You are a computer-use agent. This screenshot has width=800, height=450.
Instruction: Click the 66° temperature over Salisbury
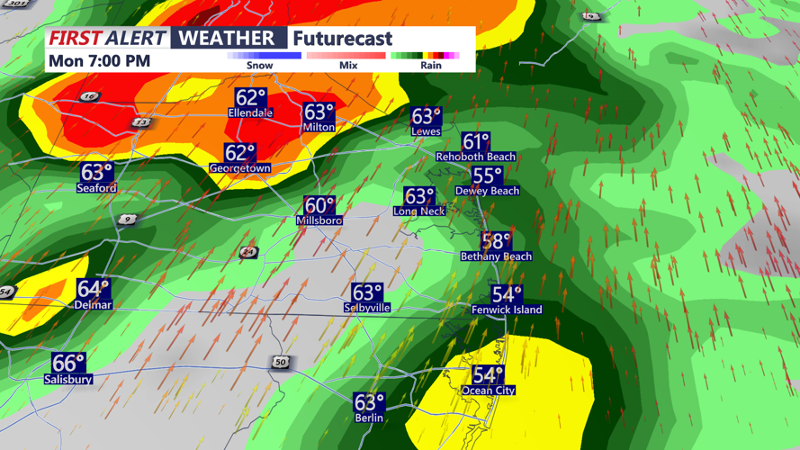pos(68,364)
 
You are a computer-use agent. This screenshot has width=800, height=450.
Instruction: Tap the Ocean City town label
pos(489,391)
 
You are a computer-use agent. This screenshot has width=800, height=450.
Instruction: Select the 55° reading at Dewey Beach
pos(487,177)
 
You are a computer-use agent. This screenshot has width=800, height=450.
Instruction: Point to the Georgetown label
pos(240,168)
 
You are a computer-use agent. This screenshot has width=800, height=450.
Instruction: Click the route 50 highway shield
pos(281,362)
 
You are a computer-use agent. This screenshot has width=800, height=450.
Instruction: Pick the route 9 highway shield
pos(127,219)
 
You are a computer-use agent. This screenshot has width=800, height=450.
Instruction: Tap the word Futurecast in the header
pos(342,39)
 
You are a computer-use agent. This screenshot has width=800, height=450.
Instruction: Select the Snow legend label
pos(260,66)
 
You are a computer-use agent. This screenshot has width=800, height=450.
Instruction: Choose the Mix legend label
pos(348,66)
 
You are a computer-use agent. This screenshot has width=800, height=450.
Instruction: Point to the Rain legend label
pos(431,66)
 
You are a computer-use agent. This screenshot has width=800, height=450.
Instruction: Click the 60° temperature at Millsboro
pos(319,207)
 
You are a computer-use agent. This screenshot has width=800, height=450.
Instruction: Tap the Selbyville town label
pos(367,308)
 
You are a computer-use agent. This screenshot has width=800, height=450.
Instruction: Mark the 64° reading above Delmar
pos(93,290)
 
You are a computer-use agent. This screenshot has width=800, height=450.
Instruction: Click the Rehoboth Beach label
pos(476,157)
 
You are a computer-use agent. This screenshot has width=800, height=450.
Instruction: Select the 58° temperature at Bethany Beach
pos(496,241)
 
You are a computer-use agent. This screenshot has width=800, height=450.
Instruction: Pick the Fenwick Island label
pos(507,310)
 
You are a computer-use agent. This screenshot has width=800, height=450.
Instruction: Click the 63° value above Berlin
pos(369,403)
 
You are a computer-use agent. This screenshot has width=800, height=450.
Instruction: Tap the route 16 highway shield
pos(89,96)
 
